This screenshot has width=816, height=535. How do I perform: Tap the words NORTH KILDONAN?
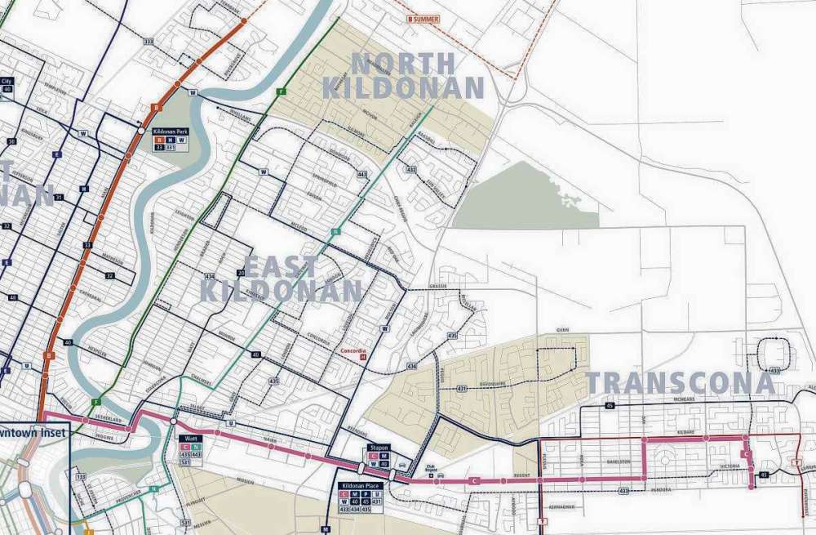[x=403, y=75]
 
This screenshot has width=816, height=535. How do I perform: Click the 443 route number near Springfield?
[x=362, y=173]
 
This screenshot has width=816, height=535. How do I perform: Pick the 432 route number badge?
[x=411, y=169]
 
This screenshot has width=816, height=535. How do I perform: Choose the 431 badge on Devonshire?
[x=462, y=387]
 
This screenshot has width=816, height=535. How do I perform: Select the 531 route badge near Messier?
[x=186, y=523]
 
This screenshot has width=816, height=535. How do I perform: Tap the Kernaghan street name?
[x=562, y=507]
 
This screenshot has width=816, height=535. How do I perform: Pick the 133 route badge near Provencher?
[x=81, y=476]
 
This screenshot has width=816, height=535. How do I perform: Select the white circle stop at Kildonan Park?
[x=141, y=131]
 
